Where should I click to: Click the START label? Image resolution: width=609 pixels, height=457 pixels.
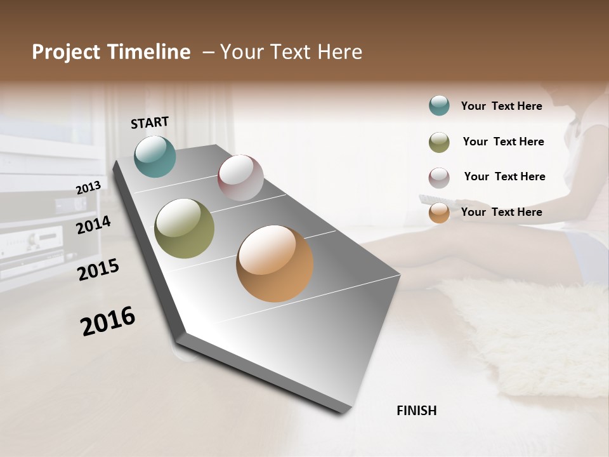pos(150,123)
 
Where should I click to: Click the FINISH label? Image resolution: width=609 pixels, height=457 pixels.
pos(417,411)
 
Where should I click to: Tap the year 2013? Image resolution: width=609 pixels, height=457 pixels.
pos(88,188)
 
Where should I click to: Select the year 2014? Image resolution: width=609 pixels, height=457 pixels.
pos(93,225)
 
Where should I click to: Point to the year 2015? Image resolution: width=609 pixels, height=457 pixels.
pos(98,270)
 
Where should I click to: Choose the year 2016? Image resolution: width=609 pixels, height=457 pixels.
pos(108,321)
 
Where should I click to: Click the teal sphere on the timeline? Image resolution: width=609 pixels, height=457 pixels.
pos(155,156)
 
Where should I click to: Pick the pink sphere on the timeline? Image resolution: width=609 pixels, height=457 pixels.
pos(240,177)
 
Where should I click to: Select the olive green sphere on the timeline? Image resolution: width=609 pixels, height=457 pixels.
pos(185,228)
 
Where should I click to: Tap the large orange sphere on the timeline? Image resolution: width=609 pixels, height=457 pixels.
pos(275,263)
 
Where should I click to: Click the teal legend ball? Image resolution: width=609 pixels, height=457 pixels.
pos(439,106)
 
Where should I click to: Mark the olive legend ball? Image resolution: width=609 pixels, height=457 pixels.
pos(439,142)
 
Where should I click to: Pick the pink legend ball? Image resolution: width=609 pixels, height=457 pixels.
pos(439,178)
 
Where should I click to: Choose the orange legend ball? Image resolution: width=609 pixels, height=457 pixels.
pos(439,213)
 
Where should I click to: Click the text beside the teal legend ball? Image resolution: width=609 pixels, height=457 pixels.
pos(501,106)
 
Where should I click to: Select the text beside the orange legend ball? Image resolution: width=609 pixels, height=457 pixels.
pos(501,212)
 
